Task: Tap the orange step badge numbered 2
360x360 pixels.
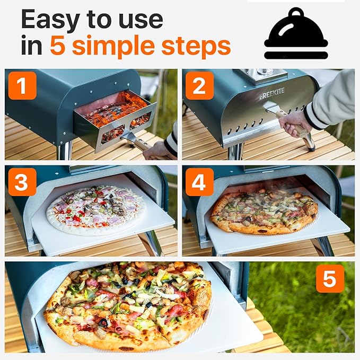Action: (x=199, y=85)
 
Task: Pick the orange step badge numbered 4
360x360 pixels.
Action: (x=199, y=182)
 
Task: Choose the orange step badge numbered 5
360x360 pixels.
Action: (x=330, y=278)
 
